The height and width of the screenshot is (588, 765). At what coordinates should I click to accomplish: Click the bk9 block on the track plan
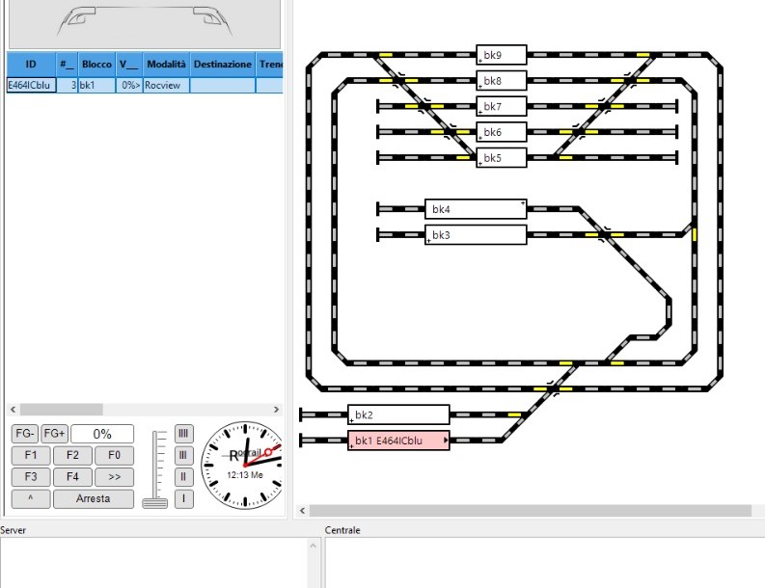[502, 54]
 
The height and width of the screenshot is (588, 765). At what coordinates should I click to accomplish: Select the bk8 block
[502, 80]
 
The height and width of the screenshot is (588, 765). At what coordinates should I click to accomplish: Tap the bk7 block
[502, 106]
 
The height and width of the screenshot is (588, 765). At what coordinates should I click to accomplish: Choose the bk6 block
[502, 132]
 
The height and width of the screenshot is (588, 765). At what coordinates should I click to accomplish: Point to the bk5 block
[502, 157]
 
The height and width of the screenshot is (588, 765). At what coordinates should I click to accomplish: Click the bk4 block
[476, 208]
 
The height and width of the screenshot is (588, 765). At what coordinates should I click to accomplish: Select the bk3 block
[476, 234]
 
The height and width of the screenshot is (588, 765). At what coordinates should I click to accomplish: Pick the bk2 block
[398, 414]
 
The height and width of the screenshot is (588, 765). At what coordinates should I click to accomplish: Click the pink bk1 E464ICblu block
[398, 441]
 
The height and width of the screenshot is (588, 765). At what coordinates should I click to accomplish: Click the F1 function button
[31, 455]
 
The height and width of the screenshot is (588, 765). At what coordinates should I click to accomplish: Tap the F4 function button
[72, 476]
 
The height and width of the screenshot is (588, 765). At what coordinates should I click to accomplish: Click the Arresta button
[94, 498]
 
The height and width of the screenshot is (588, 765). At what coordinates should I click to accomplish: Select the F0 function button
[114, 455]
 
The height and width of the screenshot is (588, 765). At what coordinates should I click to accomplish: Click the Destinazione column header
[222, 64]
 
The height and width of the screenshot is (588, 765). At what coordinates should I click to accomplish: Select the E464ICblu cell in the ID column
[29, 85]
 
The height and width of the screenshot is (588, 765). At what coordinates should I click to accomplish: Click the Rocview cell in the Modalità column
[165, 85]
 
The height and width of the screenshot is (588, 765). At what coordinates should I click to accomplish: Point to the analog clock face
[242, 465]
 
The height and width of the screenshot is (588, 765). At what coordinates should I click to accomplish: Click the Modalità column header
[165, 64]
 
